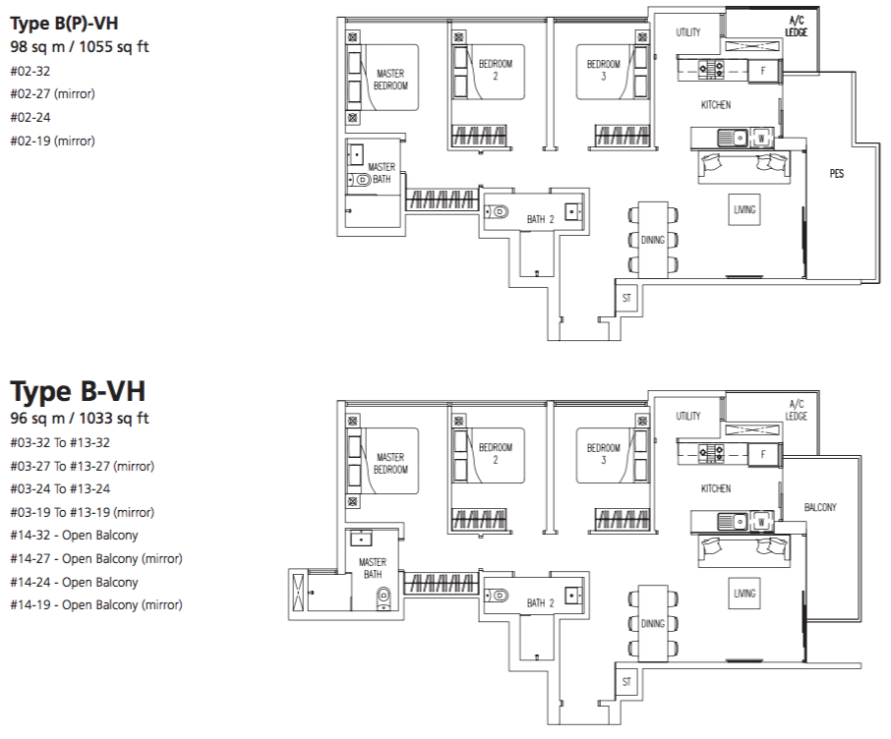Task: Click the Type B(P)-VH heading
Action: pos(64,24)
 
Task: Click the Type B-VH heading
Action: pos(78,391)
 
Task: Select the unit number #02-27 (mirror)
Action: pos(52,93)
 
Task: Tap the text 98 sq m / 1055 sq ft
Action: pos(80,46)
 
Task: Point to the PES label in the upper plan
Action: pos(837,174)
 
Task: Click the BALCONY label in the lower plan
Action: pos(820,507)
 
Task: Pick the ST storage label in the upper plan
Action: pos(626,298)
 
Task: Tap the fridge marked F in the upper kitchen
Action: pos(763,71)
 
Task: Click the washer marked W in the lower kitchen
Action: pos(761,522)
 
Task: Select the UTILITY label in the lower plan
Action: pos(688,417)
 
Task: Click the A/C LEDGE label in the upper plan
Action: pos(797,27)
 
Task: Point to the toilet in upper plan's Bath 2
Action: pos(497,212)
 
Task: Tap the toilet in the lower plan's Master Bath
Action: pos(385,599)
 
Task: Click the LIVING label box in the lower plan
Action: pos(744,594)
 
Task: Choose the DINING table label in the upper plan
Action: pos(653,240)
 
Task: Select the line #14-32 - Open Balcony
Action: pos(74,536)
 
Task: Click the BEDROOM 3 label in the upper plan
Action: pos(604,70)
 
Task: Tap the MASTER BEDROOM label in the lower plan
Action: pos(390,464)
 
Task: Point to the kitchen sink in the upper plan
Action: pos(733,138)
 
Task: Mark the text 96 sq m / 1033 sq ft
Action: pos(80,419)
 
